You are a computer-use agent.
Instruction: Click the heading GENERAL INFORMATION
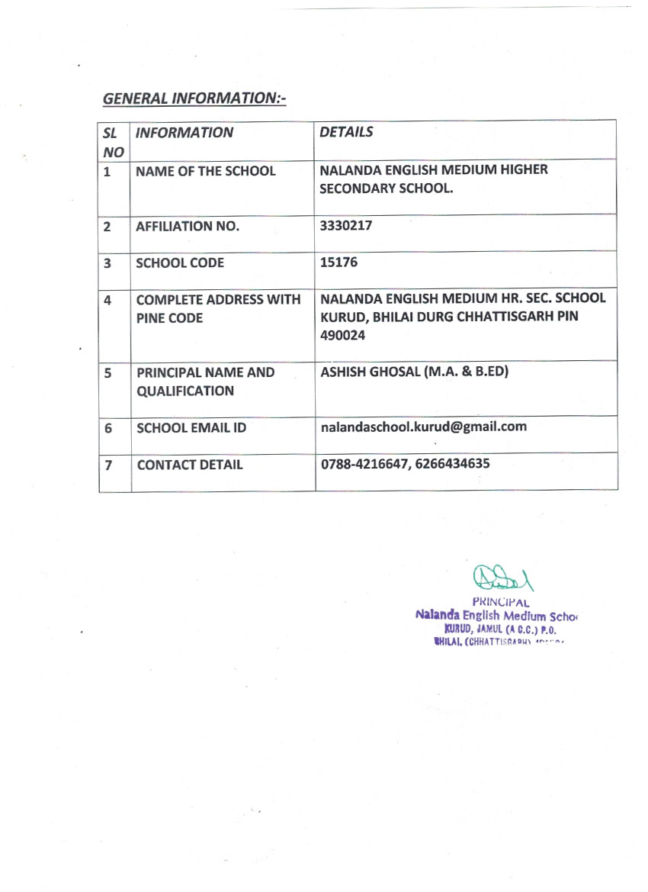coord(194,98)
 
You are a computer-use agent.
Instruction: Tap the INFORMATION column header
coord(184,133)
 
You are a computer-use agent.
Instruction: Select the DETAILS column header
coord(346,132)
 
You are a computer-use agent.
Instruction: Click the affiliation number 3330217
coord(346,225)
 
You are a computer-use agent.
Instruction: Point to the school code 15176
coord(339,262)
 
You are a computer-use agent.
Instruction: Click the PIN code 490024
coord(343,335)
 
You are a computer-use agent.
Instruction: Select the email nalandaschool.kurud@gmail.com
coord(423,427)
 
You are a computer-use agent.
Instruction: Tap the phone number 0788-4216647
coord(364,463)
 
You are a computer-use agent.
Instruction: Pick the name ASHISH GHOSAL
coord(367,372)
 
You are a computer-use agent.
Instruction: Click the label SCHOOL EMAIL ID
coord(191,428)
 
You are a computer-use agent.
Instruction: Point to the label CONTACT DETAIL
coord(190,465)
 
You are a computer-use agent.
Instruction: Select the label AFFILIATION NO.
coord(187,227)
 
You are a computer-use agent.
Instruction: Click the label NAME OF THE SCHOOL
coord(205,171)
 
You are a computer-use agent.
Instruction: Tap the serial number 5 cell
coord(108,373)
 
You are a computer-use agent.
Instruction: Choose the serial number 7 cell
coord(109,465)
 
